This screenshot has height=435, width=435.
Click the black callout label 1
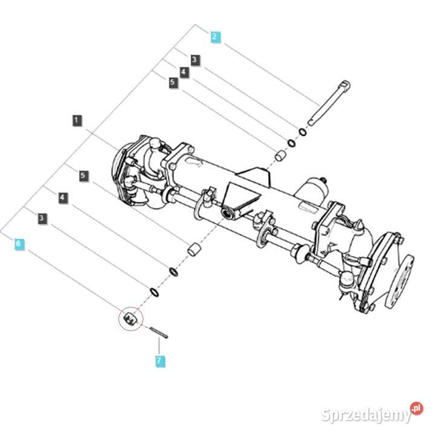click(76, 120)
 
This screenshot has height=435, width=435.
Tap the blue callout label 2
click(215, 36)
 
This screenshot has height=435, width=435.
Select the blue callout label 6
click(19, 244)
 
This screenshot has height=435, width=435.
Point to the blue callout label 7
click(159, 361)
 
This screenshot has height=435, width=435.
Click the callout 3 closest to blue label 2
click(194, 59)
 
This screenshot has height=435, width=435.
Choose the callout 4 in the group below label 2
click(184, 71)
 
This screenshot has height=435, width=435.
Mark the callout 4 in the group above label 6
click(62, 197)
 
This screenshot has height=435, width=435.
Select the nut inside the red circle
click(131, 318)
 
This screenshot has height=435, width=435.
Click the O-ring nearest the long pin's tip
click(302, 132)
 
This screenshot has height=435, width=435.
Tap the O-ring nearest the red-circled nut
click(155, 293)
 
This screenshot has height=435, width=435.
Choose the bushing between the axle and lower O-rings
click(193, 249)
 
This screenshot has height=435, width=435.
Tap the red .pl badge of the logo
click(416, 408)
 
